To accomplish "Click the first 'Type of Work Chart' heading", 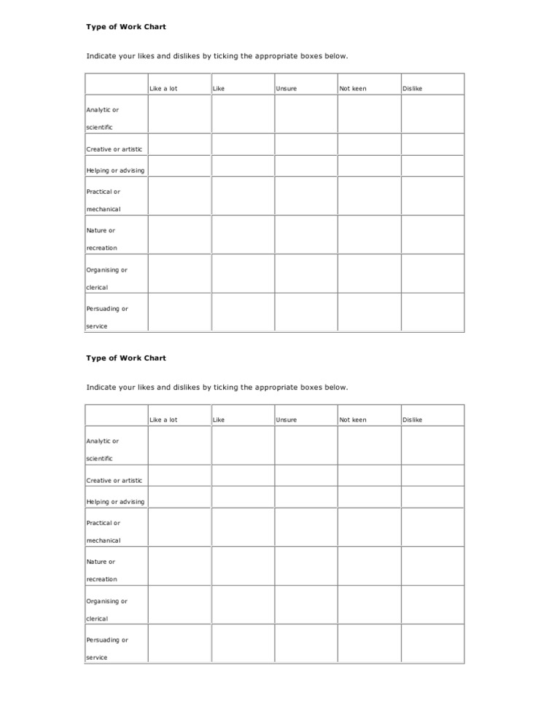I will [126, 27].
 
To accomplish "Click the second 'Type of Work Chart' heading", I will [126, 358].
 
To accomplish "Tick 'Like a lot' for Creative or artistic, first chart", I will [179, 145].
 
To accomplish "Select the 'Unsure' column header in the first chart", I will [287, 89].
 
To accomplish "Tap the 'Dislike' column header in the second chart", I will [413, 420].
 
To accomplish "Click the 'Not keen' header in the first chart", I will [353, 89].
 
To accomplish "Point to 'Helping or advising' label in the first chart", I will [115, 170].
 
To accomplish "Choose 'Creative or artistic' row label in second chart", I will [114, 481].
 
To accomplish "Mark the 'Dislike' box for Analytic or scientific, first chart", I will [432, 115].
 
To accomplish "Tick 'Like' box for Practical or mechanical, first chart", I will [243, 196].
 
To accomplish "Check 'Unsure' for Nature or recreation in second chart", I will [306, 567].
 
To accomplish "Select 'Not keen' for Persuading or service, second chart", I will [368, 644].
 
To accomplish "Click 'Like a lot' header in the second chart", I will [163, 420].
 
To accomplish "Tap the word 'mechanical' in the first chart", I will [104, 210].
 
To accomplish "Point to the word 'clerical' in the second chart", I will [97, 619].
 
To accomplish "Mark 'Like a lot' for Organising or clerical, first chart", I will [179, 274].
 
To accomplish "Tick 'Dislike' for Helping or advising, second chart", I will [432, 497].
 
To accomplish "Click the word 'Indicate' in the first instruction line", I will [101, 56].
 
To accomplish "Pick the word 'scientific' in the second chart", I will [100, 459].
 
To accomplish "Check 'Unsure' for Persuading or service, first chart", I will [306, 312].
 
